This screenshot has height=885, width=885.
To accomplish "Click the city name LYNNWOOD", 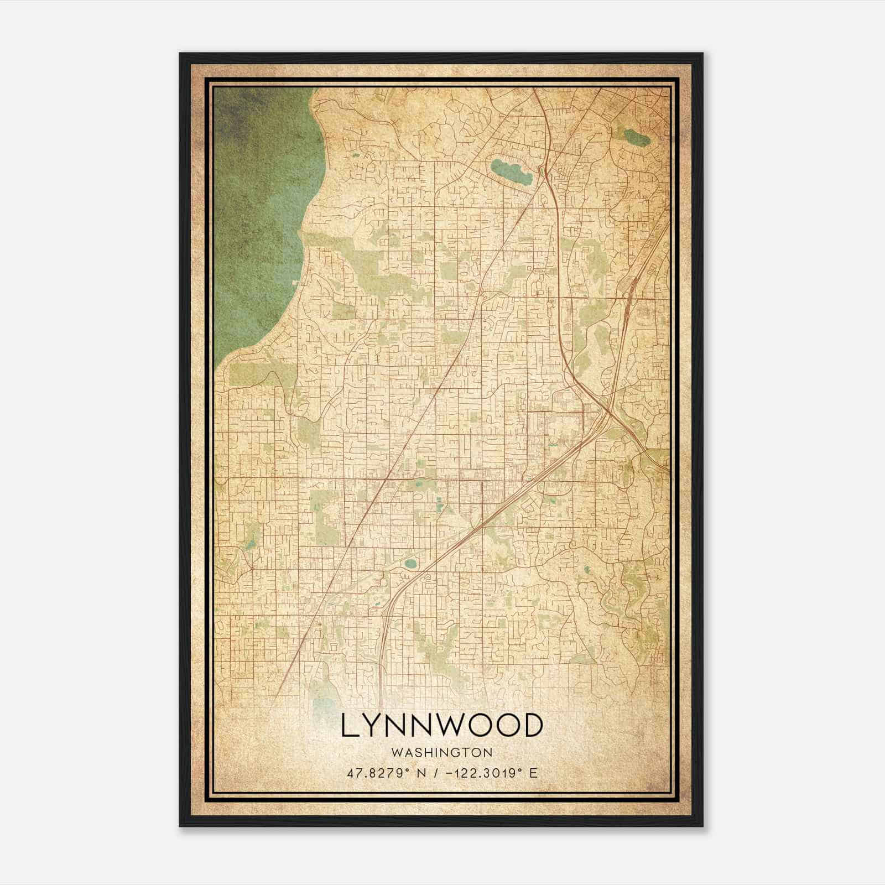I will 442,726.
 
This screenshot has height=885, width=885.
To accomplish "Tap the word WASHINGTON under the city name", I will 442,753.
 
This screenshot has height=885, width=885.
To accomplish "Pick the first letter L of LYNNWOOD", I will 349,726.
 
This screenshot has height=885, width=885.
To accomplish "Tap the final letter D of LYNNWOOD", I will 532,726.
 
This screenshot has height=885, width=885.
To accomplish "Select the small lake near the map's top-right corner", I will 636,136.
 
